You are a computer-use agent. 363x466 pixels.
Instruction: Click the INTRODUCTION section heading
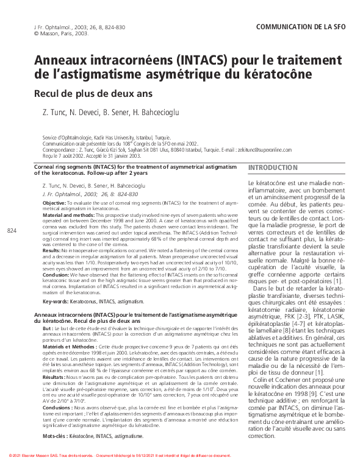tap(273, 168)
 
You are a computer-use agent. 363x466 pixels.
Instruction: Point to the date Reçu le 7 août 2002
tap(64, 155)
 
